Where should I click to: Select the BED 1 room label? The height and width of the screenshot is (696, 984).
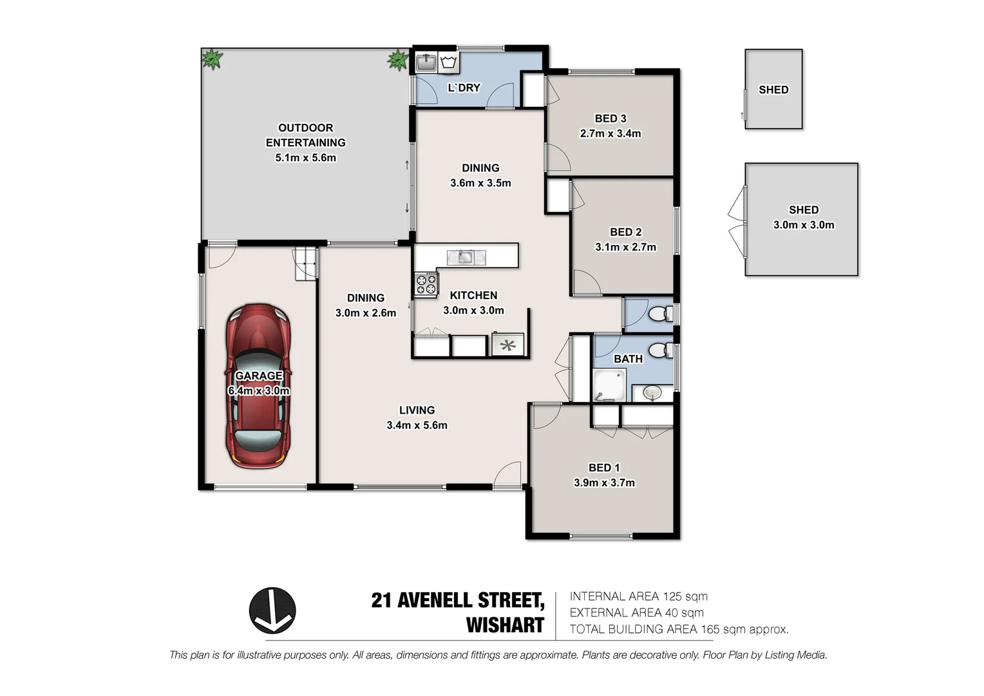point(603,468)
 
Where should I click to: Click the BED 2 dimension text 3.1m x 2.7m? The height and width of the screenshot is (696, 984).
point(625,247)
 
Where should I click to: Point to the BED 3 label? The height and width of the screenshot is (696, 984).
point(610,119)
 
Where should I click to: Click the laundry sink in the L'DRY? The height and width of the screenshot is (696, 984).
point(425,63)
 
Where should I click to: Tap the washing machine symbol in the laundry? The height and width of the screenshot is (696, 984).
point(449,63)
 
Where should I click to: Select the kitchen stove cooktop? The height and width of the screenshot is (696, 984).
point(426,284)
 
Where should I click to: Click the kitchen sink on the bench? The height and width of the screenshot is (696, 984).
point(464,258)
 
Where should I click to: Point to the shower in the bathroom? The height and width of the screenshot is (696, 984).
point(608,385)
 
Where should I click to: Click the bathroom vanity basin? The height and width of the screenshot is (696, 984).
point(652,392)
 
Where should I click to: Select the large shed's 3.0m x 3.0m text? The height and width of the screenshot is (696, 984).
point(803,225)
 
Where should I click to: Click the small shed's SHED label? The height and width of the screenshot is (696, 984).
point(773,90)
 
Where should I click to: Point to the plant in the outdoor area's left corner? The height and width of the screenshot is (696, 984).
point(212,59)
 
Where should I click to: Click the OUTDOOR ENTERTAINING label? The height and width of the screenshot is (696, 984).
point(305,135)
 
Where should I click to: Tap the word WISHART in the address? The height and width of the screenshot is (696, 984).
point(505,625)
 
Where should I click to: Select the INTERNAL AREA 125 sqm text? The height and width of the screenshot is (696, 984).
point(638,597)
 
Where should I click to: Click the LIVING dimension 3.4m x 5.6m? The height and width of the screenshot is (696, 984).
point(417,425)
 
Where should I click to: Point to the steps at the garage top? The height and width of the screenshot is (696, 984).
point(307,264)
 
